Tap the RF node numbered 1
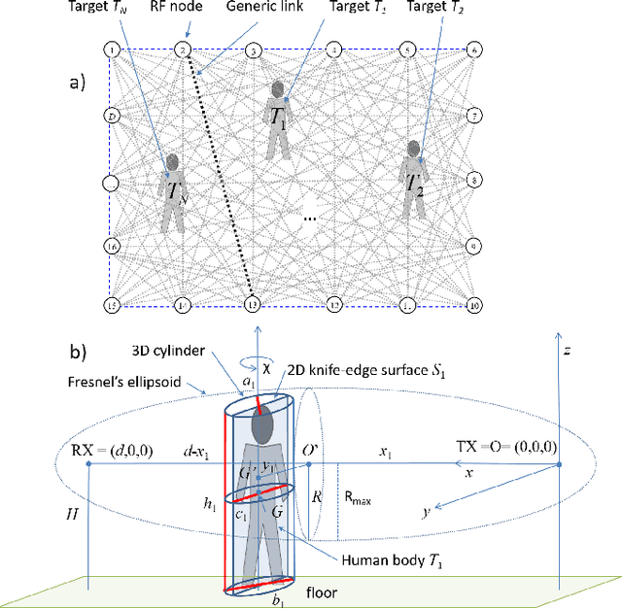(113, 50)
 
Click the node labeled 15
(113, 306)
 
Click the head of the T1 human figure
(280, 90)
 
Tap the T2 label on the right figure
(416, 182)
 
